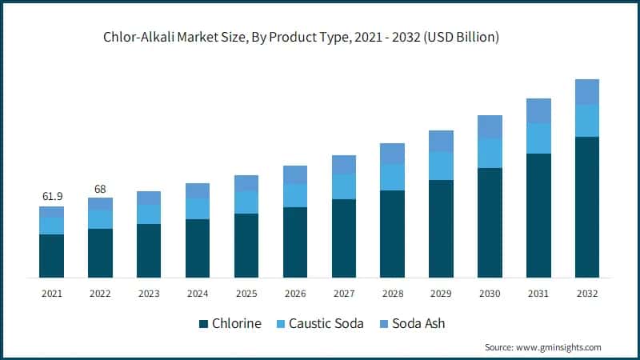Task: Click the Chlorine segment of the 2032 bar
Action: click(586, 207)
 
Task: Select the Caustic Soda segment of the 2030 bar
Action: click(489, 153)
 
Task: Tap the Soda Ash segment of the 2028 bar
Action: click(392, 154)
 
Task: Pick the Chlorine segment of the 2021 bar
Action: click(51, 256)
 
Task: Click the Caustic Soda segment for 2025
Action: click(246, 202)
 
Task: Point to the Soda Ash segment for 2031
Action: click(538, 110)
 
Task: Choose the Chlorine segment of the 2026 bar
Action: click(295, 242)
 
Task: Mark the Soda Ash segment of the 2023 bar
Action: click(149, 198)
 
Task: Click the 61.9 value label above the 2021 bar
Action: click(51, 196)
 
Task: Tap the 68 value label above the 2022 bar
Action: click(100, 190)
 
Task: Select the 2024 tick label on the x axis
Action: click(198, 294)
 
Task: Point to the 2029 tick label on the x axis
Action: click(441, 294)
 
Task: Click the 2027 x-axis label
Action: click(343, 294)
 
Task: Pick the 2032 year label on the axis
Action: click(586, 294)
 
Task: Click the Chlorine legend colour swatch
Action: click(203, 324)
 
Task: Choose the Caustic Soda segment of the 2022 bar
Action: click(100, 219)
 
